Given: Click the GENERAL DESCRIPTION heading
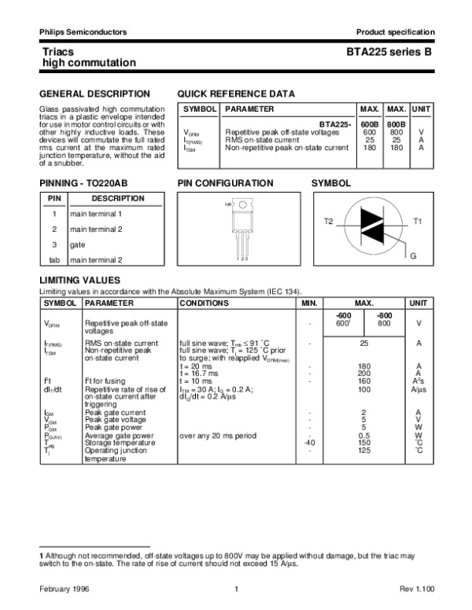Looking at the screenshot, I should coord(94,94).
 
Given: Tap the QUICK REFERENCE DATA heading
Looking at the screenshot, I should coord(237,94).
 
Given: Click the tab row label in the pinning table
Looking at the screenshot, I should coord(54,259).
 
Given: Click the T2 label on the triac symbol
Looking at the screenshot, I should coord(329,222).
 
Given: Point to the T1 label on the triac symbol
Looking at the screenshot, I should coord(418,222).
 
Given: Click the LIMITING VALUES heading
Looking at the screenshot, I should coord(79,280).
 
